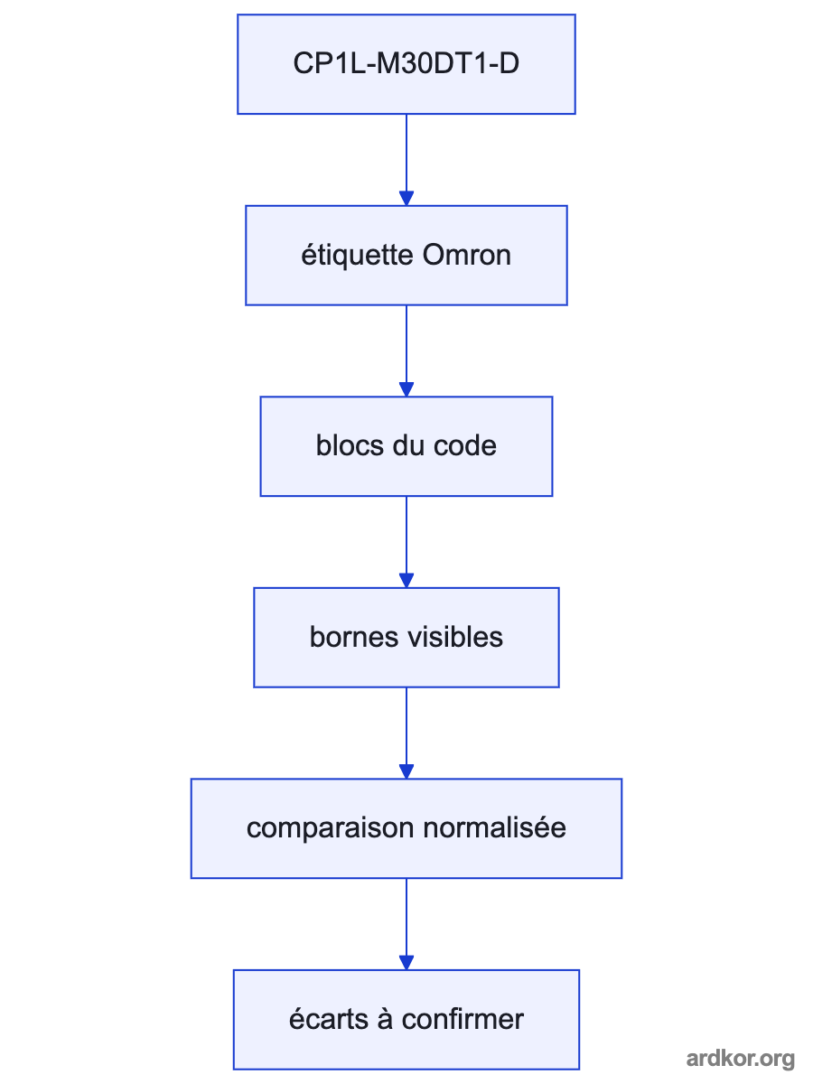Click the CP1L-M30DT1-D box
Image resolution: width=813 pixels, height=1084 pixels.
pos(406,64)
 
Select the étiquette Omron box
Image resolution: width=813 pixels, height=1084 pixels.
pos(406,256)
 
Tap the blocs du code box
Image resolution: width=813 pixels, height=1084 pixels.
pos(406,446)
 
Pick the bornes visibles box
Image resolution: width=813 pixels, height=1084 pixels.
pos(406,638)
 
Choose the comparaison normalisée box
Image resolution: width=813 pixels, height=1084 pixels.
pos(406,828)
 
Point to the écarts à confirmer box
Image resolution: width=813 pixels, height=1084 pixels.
pos(406,1020)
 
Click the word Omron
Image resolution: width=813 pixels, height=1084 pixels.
pos(466,256)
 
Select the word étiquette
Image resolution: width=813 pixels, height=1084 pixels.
pos(358,257)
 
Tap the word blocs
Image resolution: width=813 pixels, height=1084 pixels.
pos(350,446)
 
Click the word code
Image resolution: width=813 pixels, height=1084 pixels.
pos(465,446)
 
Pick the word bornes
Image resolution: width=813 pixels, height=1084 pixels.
pos(353,637)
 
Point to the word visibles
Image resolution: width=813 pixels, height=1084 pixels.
pos(454,637)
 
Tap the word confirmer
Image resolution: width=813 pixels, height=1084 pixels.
pos(463,1019)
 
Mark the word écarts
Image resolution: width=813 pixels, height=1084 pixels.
pos(329,1019)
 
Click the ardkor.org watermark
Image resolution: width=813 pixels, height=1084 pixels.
pos(741,1060)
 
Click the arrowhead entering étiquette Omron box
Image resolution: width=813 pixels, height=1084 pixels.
pos(406,199)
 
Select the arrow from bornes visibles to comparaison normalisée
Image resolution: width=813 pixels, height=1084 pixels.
pos(406,733)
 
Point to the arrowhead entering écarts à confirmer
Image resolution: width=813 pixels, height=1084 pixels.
pos(406,963)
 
